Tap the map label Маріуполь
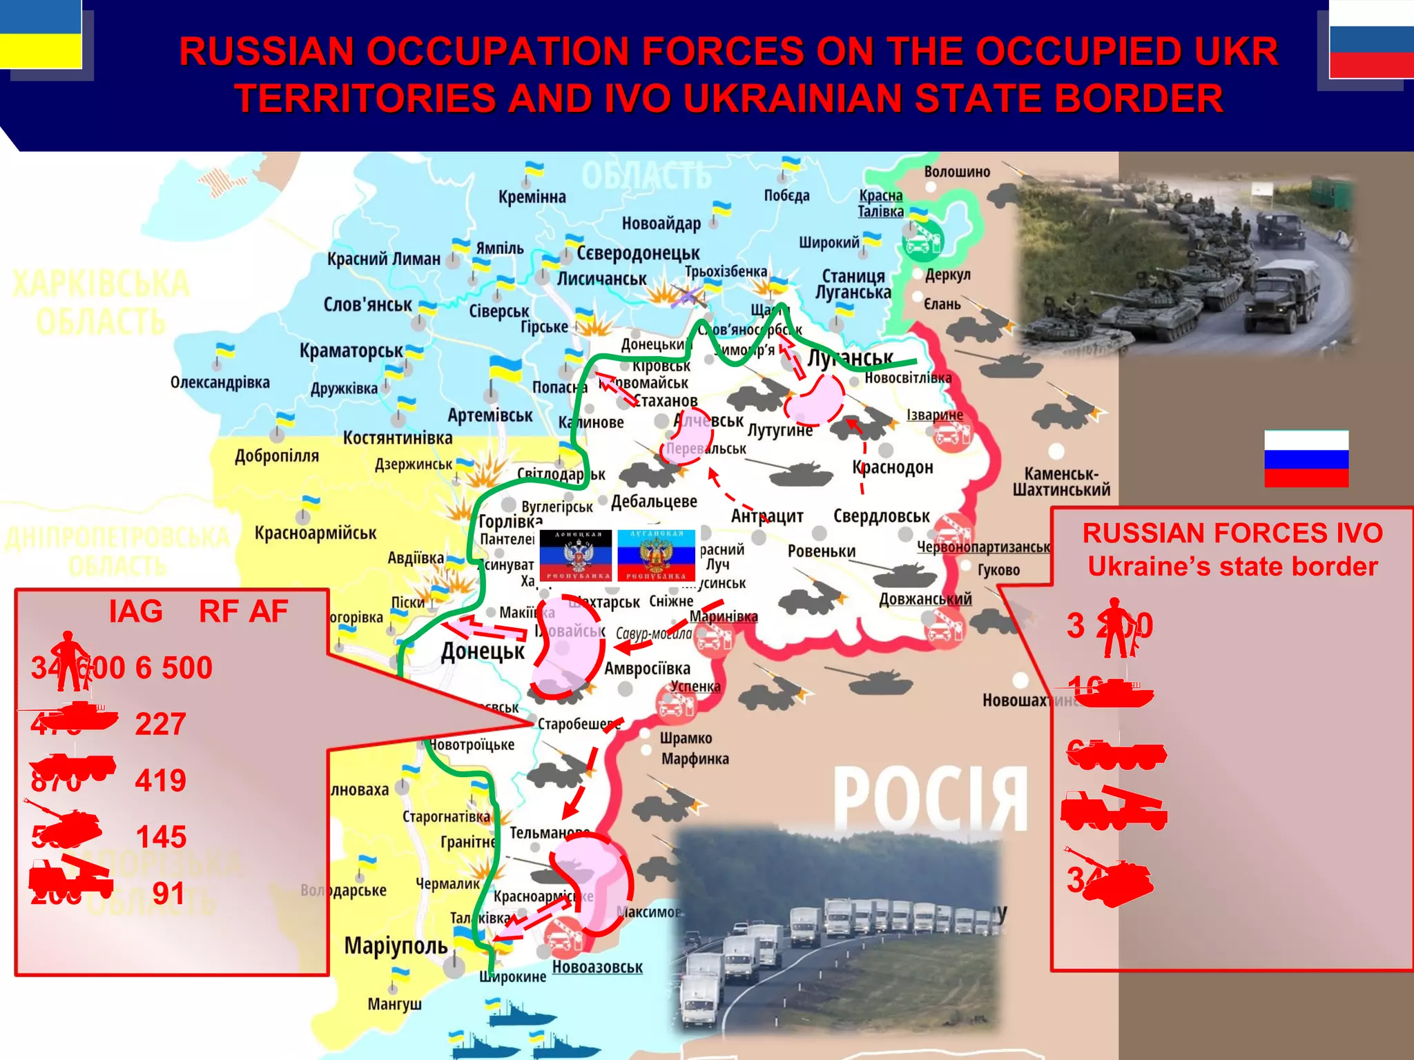point(396,945)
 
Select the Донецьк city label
point(483,651)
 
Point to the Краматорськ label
point(351,351)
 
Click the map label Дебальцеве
point(654,501)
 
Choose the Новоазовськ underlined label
point(597,967)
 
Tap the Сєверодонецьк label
point(637,253)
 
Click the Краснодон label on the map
point(892,467)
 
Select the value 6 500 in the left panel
point(173,667)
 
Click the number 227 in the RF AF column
point(160,724)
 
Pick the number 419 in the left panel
point(160,781)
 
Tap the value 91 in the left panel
point(168,894)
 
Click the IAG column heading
point(135,611)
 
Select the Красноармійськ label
point(316,533)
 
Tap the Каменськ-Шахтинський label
point(1061,482)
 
